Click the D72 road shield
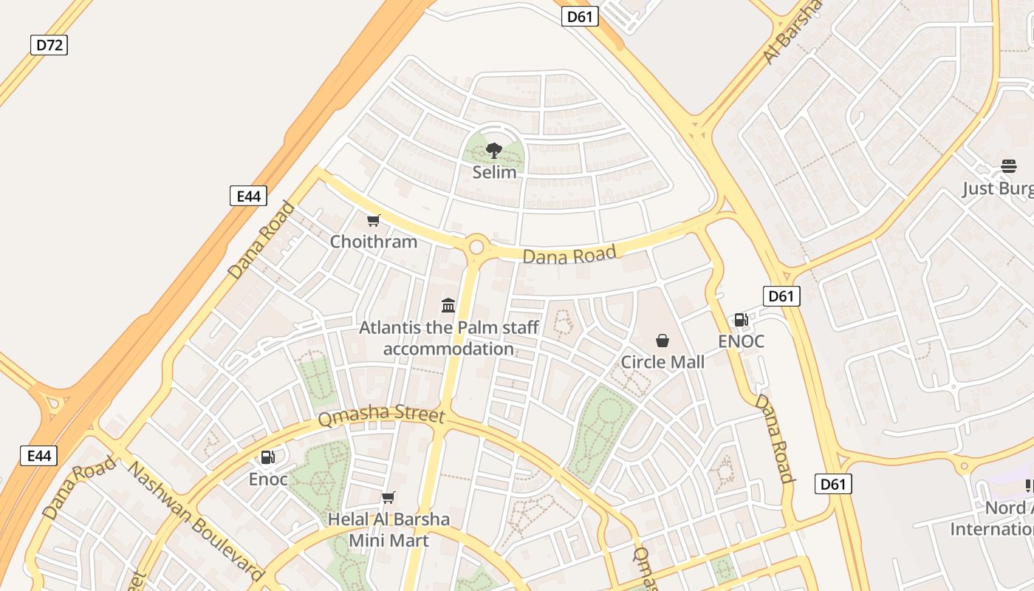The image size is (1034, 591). point(49,45)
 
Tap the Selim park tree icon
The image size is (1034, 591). point(494,151)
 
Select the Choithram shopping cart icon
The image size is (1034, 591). point(374,220)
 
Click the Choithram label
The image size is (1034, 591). point(374,242)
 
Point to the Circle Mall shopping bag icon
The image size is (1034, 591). point(662,341)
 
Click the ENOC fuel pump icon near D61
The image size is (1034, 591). point(741,320)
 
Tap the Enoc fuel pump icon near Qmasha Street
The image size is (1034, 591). point(267,457)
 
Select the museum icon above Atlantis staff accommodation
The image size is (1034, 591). point(448,305)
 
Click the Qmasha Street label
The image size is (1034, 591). point(381,415)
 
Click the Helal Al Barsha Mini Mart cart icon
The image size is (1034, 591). point(388,497)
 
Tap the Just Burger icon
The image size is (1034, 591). point(1009,166)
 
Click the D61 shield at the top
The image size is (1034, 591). point(580,16)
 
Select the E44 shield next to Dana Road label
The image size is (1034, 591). point(248,196)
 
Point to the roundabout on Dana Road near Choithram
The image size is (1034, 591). point(476,246)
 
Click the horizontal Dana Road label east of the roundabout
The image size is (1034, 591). point(569,255)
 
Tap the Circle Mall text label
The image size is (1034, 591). point(662,362)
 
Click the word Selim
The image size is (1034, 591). point(494,172)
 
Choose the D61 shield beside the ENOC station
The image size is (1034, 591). point(781,296)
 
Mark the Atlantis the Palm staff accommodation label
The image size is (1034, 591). point(448,338)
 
